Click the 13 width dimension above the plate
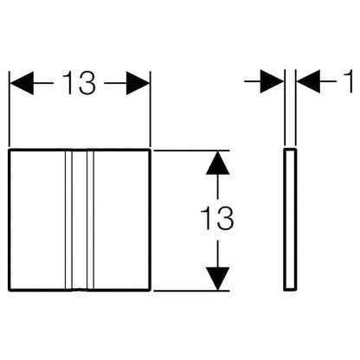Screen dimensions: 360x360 tap(79, 83)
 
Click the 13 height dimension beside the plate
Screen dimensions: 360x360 tap(217, 218)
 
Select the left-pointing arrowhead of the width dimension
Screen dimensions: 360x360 tap(22, 83)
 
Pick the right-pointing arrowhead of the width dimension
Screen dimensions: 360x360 tap(138, 83)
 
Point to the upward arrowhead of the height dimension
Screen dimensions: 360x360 tap(218, 163)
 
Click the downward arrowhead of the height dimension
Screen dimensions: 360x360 tap(218, 279)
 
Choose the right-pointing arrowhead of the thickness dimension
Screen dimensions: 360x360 tap(273, 81)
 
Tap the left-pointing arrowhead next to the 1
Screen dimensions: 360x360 tap(308, 81)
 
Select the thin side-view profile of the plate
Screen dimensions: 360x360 tap(290, 219)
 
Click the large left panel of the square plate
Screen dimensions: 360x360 tap(37, 220)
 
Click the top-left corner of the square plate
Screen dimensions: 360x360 tap(10, 150)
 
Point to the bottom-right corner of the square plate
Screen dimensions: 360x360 tap(150, 290)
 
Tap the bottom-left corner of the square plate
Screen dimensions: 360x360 tap(10, 290)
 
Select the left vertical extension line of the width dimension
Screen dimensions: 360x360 tap(10, 109)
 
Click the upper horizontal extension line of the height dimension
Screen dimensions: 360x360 tap(191, 151)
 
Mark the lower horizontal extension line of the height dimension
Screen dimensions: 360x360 tap(191, 291)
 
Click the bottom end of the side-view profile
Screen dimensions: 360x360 tap(290, 289)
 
